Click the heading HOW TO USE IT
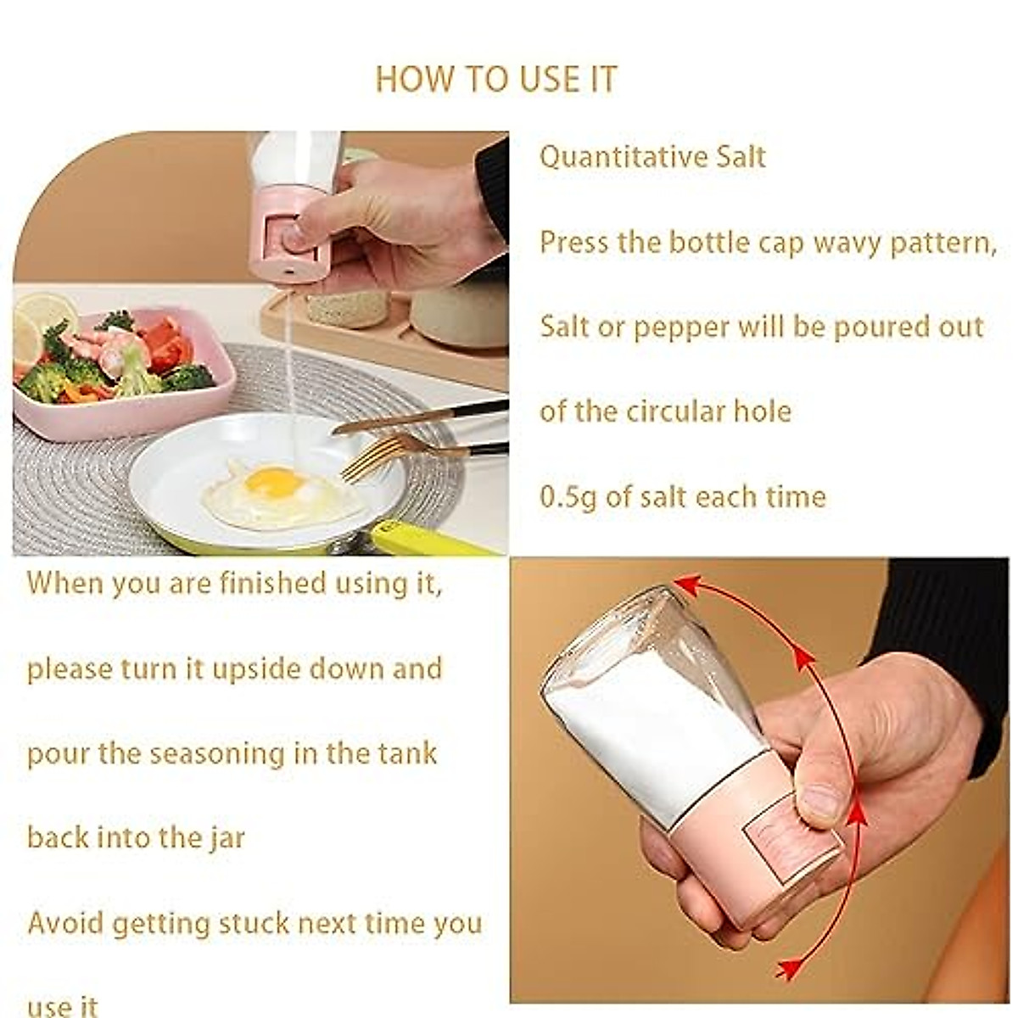tap(496, 79)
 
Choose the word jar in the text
tap(226, 839)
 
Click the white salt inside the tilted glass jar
tap(645, 730)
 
